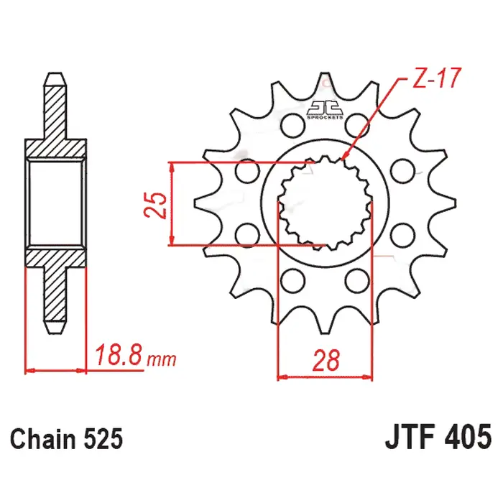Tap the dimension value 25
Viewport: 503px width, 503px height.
tap(160, 204)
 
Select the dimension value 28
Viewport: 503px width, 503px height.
tap(326, 360)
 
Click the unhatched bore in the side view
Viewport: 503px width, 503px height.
tap(56, 204)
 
